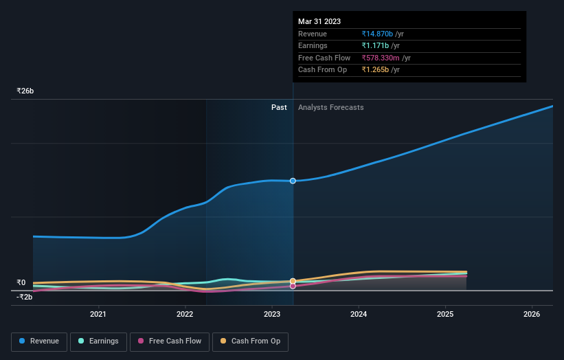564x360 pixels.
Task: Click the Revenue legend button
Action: click(39, 341)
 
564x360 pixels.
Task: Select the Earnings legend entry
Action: click(98, 341)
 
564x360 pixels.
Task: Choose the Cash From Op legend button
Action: click(250, 341)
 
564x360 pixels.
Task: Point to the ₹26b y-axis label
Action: click(25, 91)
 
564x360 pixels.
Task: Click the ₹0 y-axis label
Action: click(21, 282)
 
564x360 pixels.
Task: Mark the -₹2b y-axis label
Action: click(25, 297)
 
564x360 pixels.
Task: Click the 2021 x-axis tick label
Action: click(98, 314)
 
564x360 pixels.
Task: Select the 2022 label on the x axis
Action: click(185, 314)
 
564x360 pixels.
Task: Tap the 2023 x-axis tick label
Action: click(271, 314)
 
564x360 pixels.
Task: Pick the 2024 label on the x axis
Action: click(358, 314)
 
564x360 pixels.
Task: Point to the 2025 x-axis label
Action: click(444, 314)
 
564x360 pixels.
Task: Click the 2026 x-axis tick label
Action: click(531, 314)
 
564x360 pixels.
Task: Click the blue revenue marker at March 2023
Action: click(293, 181)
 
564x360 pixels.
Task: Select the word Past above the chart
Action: click(279, 107)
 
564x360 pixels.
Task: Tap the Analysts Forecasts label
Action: click(330, 107)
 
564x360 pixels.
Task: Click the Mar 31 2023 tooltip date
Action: click(319, 22)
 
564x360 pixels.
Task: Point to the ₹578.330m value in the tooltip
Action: click(381, 58)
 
